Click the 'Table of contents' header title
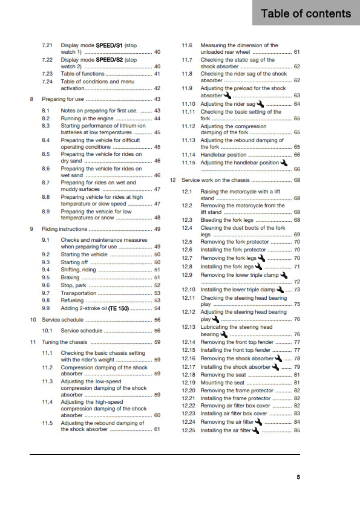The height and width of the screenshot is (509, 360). click(x=306, y=13)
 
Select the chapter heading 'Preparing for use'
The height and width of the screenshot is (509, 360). click(x=63, y=99)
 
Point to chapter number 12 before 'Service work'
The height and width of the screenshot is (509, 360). click(x=173, y=180)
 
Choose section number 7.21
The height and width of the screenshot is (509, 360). click(x=47, y=45)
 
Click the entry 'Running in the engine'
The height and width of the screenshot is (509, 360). click(x=87, y=118)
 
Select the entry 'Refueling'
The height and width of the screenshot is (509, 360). click(x=73, y=300)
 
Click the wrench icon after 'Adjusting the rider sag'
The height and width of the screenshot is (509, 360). click(x=261, y=104)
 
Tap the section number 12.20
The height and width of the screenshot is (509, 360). click(x=189, y=391)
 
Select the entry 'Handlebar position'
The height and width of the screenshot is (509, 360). click(x=224, y=155)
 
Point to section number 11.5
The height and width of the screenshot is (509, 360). click(x=47, y=423)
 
